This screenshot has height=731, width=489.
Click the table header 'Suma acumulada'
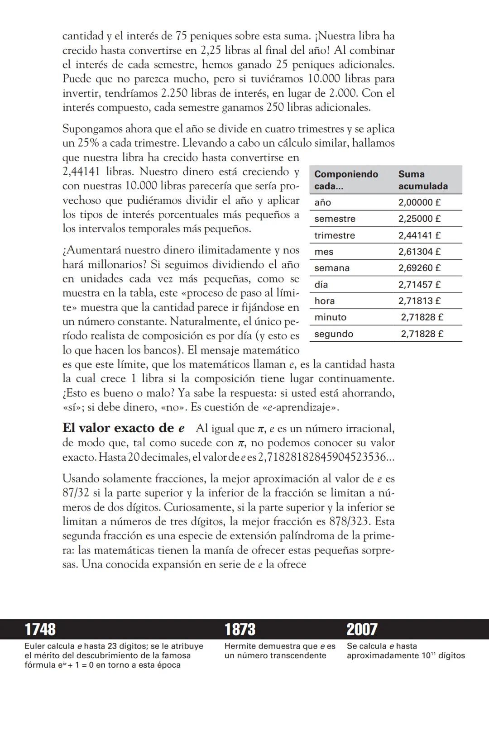(423, 180)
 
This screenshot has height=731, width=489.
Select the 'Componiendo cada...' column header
(346, 180)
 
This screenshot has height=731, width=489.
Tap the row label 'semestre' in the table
(335, 219)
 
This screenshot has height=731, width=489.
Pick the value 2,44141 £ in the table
(419, 235)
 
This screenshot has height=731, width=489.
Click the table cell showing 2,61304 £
(419, 252)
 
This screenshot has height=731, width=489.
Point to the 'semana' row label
(332, 268)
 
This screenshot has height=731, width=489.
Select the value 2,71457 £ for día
(419, 285)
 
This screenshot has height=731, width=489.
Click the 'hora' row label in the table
(325, 301)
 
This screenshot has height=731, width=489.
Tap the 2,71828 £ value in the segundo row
(422, 334)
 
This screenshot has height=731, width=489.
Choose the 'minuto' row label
(330, 317)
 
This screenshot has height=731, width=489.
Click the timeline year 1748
(40, 630)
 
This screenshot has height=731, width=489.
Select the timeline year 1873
(240, 630)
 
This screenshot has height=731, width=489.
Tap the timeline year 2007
(362, 630)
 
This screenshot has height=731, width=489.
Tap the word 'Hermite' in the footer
(240, 646)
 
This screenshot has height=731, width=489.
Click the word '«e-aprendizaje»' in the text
(300, 407)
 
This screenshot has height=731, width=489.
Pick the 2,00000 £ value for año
(419, 203)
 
